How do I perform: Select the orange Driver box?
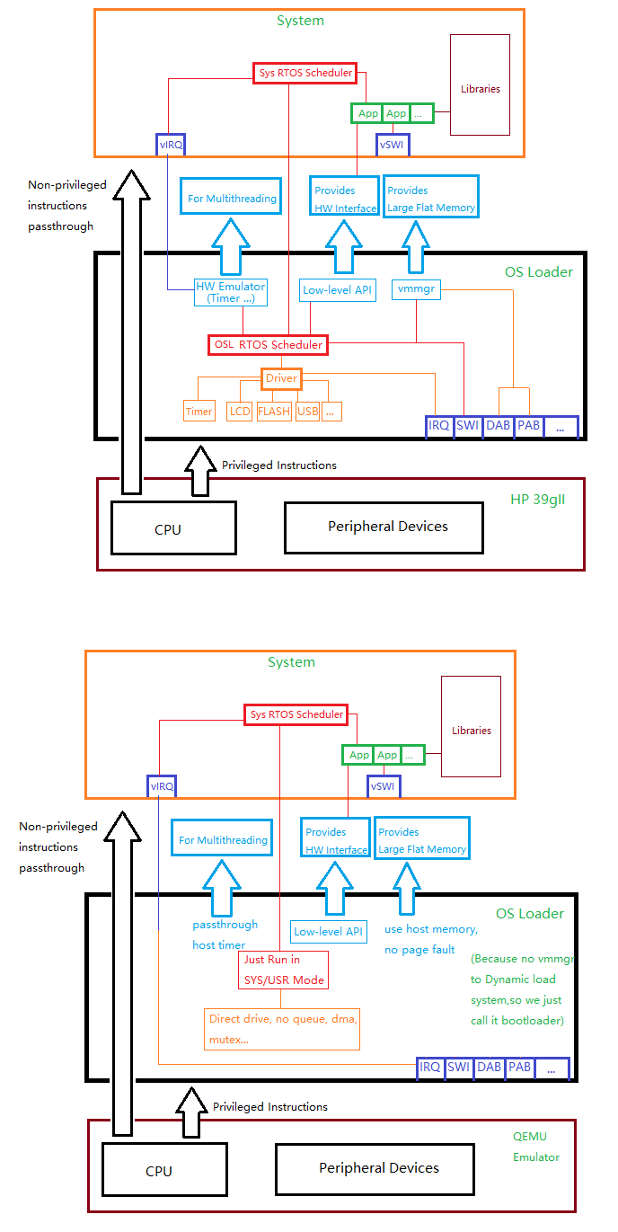(281, 378)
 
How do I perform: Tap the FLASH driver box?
(274, 412)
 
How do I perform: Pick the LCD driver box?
(240, 412)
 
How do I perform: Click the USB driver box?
(307, 412)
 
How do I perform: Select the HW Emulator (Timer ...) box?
(231, 292)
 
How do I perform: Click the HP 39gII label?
(537, 500)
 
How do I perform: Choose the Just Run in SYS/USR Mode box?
(284, 970)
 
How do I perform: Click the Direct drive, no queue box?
(282, 1027)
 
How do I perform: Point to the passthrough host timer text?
(225, 935)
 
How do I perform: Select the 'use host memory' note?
(431, 939)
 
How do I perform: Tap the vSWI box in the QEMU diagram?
(383, 786)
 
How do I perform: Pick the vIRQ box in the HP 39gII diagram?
(170, 145)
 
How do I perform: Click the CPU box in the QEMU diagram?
(158, 1171)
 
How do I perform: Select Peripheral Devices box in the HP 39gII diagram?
(387, 527)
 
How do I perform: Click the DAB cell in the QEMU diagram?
(489, 1068)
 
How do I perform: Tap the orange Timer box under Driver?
(199, 412)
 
